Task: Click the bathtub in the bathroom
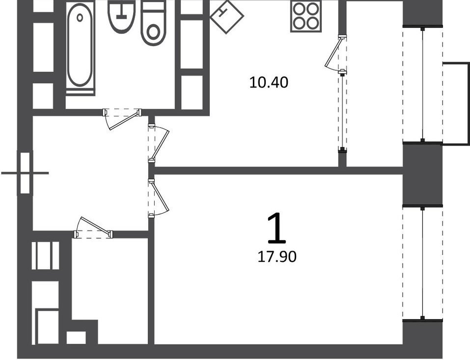(x=80, y=46)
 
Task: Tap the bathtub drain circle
(x=80, y=17)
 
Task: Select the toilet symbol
(x=153, y=24)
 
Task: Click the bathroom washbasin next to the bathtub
(x=121, y=17)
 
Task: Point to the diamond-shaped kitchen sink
(x=227, y=17)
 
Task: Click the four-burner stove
(x=306, y=17)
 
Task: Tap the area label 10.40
(x=269, y=83)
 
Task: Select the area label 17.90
(x=277, y=256)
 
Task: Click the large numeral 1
(x=276, y=227)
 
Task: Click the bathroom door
(x=122, y=119)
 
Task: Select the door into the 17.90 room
(x=159, y=197)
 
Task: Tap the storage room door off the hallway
(x=93, y=227)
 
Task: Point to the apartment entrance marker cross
(x=25, y=173)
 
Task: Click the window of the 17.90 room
(x=423, y=263)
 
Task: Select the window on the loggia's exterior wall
(x=423, y=84)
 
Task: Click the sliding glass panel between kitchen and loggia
(x=342, y=111)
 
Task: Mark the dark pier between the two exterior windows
(x=422, y=174)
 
